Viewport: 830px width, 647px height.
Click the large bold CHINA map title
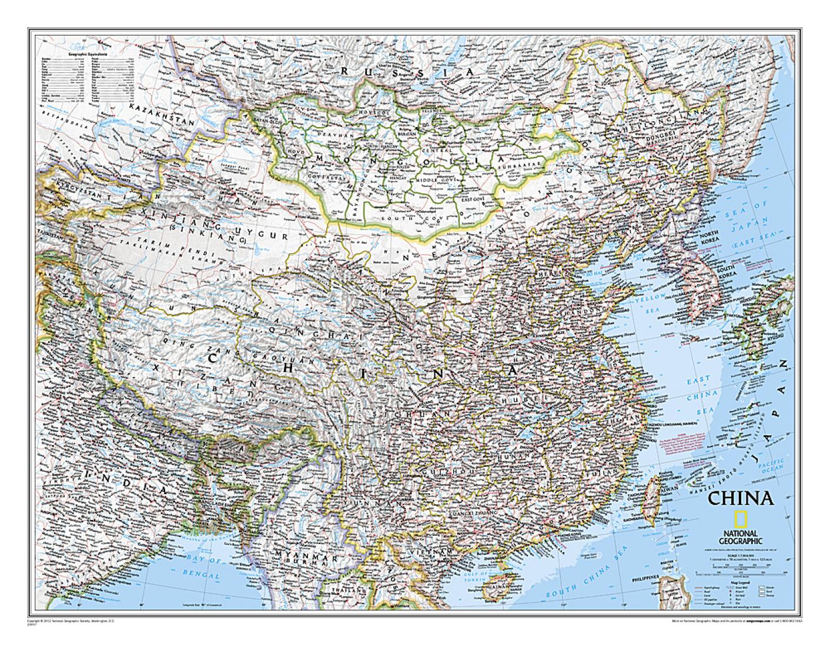click(739, 498)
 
